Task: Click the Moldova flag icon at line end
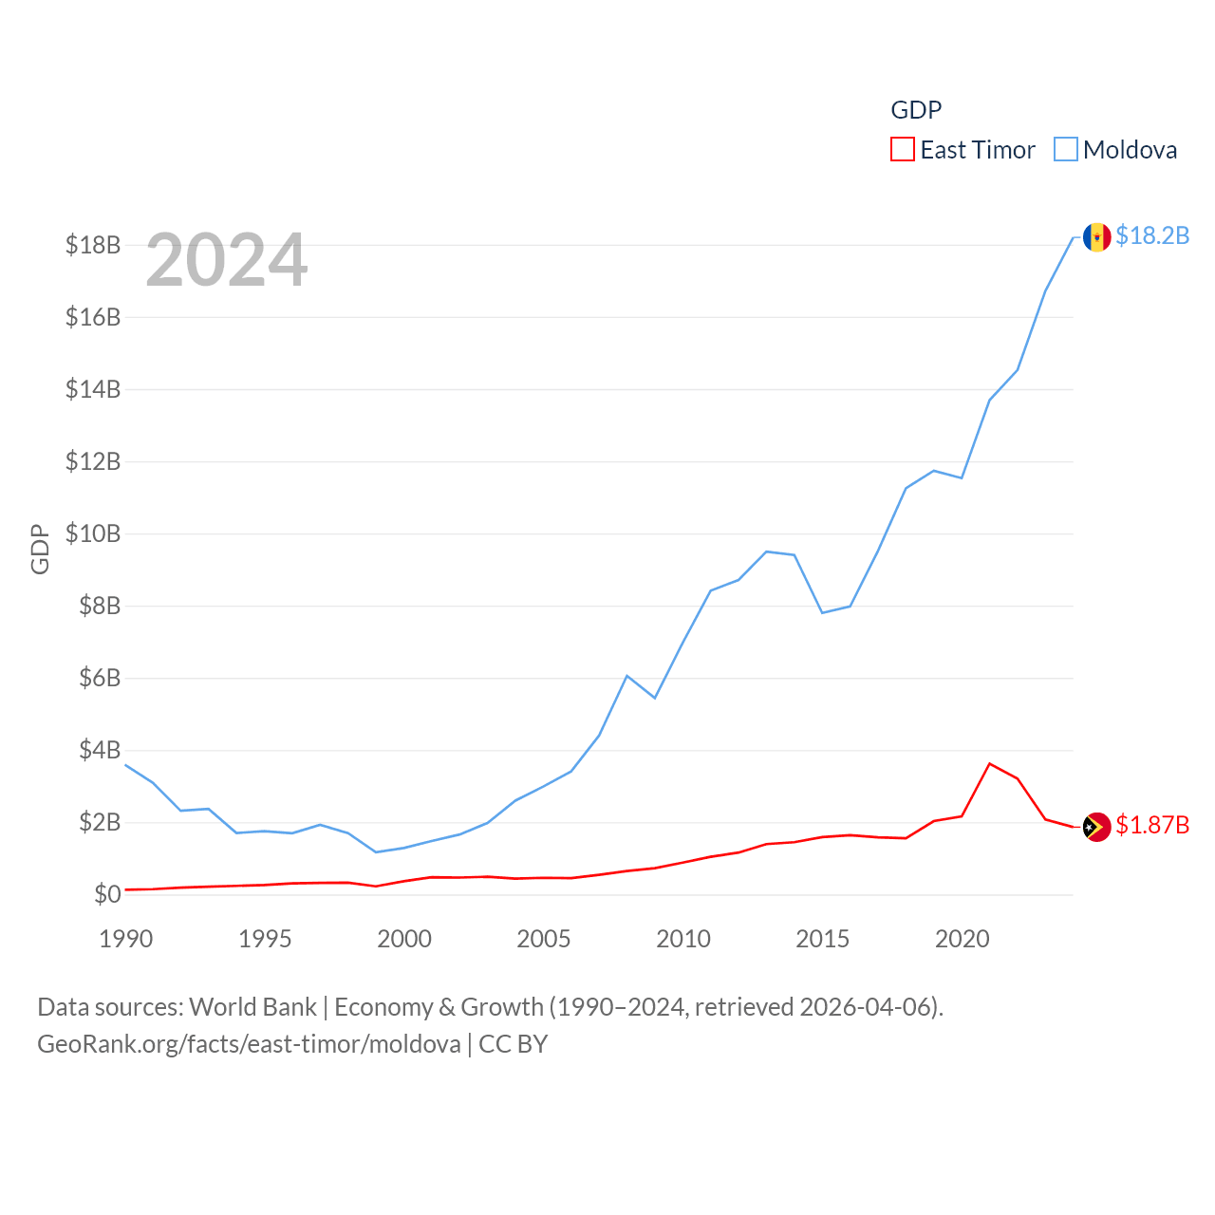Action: (1096, 237)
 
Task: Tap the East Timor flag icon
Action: (1096, 827)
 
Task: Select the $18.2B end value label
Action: (1152, 235)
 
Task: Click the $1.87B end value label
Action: (1152, 825)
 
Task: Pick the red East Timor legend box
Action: (902, 150)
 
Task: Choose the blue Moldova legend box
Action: (1066, 150)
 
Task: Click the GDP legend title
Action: (916, 110)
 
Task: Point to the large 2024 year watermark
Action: (227, 260)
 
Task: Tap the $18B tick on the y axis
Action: (93, 245)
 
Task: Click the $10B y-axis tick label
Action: (93, 533)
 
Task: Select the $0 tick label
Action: (107, 894)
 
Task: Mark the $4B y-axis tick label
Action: (100, 750)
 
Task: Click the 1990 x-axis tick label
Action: (126, 939)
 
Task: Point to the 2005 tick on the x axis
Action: (544, 939)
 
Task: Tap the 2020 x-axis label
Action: (963, 939)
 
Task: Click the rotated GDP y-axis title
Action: (40, 549)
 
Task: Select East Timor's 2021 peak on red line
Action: (990, 763)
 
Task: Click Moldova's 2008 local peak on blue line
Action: (627, 676)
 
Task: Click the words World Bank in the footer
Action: (252, 1006)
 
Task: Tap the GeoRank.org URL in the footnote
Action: (249, 1044)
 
